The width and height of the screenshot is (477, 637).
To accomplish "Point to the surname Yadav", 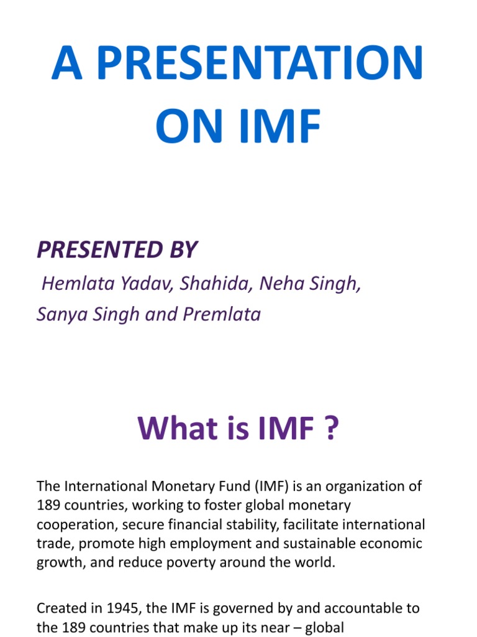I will click(x=147, y=284).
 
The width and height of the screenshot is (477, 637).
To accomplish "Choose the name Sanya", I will click(x=63, y=314).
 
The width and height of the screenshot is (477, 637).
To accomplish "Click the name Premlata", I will click(x=222, y=314).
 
